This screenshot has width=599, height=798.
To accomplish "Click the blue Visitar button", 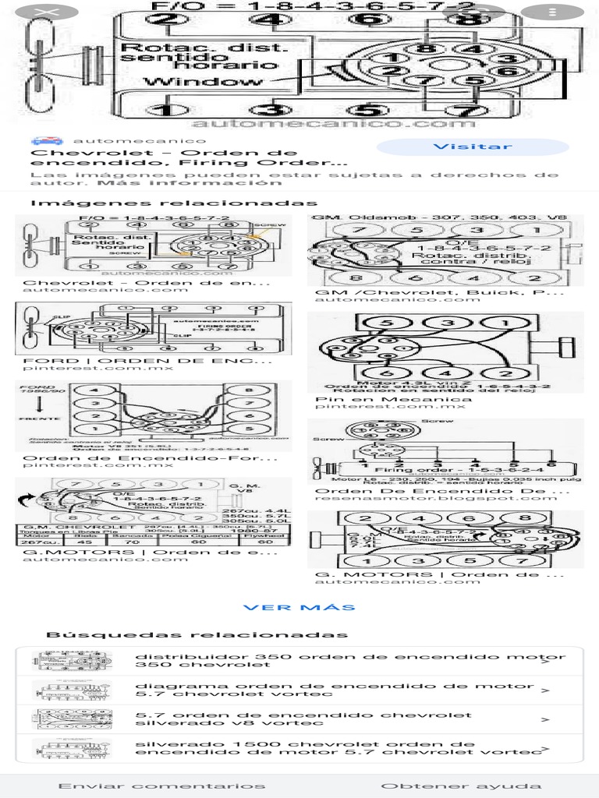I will click(473, 147).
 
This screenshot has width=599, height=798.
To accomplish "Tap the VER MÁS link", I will click(299, 607).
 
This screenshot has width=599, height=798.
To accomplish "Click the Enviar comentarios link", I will click(161, 786).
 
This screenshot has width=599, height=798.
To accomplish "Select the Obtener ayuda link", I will click(461, 786).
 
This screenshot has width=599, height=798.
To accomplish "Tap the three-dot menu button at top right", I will click(551, 12).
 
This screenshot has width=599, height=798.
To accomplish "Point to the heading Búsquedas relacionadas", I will click(197, 634).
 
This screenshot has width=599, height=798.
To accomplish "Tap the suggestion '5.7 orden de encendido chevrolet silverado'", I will click(304, 719).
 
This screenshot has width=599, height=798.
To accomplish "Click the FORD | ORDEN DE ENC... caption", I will click(147, 361).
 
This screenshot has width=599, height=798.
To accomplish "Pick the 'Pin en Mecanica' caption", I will click(394, 399).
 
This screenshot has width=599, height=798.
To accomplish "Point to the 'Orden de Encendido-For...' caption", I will click(147, 458).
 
